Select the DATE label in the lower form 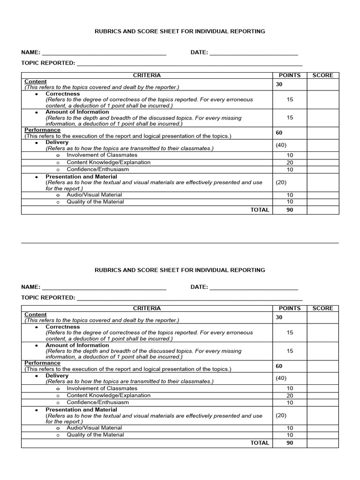(199, 287)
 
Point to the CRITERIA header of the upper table (147, 75)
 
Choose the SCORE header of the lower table (322, 308)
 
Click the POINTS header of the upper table (290, 75)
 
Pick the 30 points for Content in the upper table (279, 84)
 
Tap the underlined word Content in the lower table (36, 315)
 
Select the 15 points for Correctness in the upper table (290, 99)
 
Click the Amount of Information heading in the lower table (77, 345)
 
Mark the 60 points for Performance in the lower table (279, 366)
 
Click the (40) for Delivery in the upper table (281, 145)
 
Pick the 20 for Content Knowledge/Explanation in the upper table (290, 163)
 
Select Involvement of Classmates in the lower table (102, 388)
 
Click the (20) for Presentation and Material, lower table (281, 415)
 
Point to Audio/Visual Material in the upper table (94, 195)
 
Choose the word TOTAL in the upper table (260, 210)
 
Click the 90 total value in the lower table (290, 443)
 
